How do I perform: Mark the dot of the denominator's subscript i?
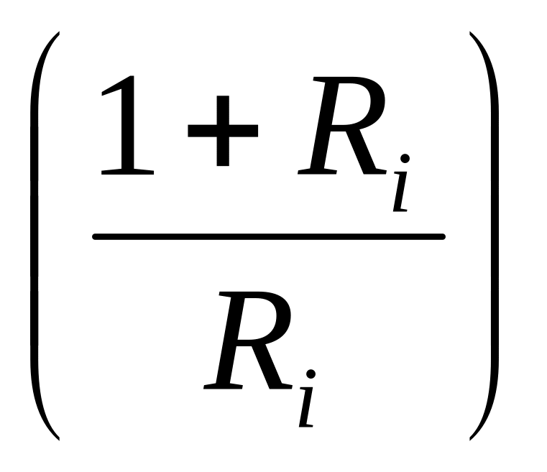(x=312, y=373)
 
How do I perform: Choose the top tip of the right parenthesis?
(x=471, y=34)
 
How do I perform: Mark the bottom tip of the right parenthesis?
(x=471, y=438)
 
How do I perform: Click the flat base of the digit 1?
(x=129, y=172)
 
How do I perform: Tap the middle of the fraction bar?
(x=269, y=236)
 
